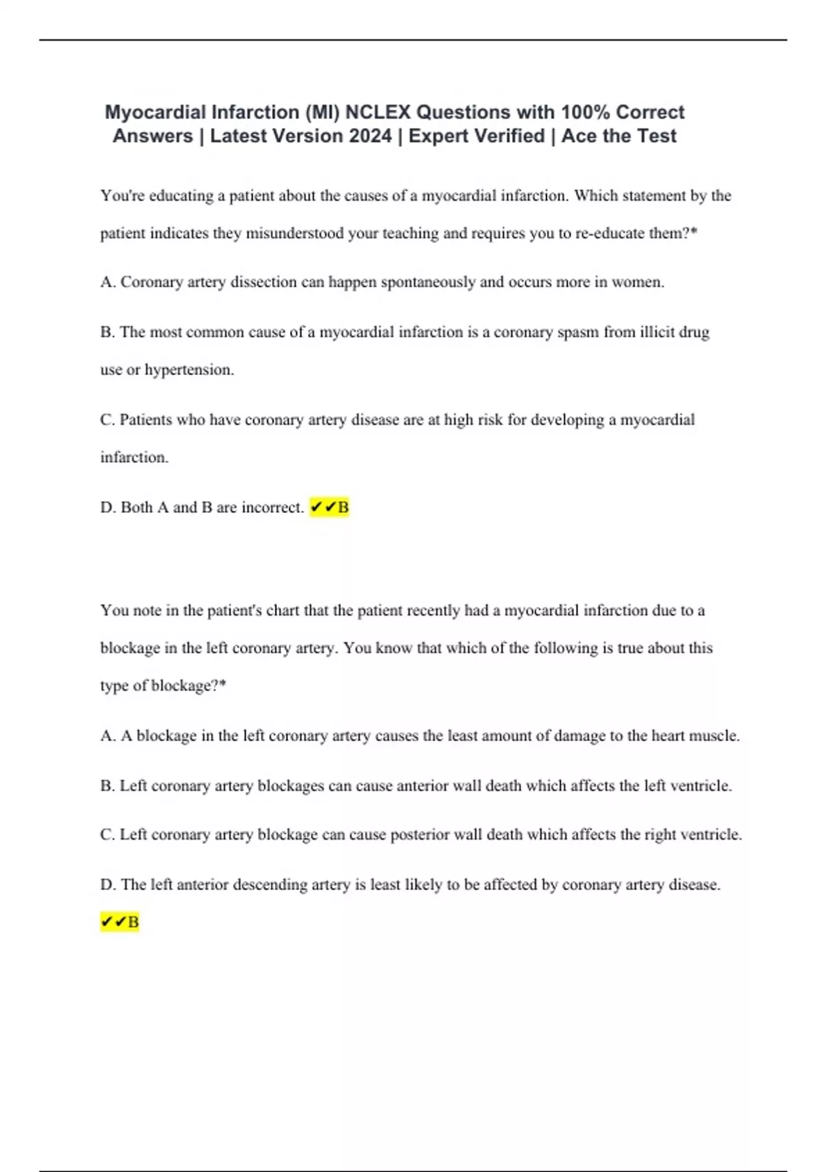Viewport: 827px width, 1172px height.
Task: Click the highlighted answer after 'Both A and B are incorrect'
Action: pyautogui.click(x=329, y=507)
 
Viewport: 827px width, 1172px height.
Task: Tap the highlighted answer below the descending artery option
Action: pyautogui.click(x=120, y=922)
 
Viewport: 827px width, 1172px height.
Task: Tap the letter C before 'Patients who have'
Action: pyautogui.click(x=106, y=420)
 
